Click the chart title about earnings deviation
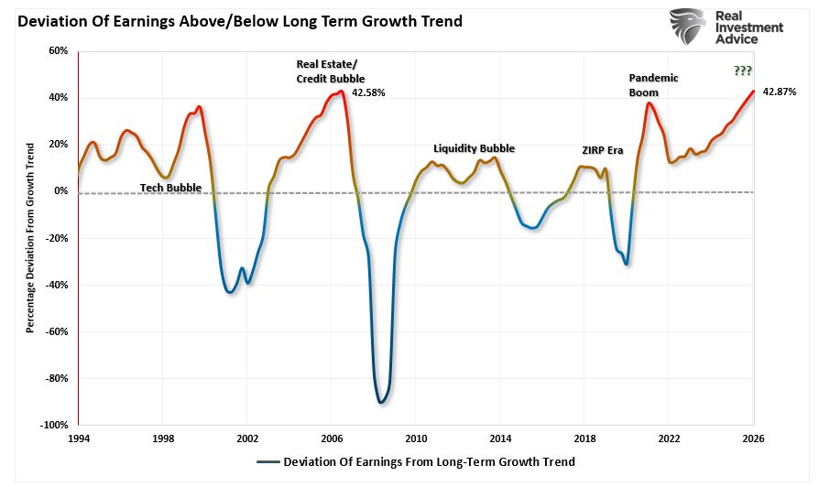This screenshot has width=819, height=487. click(239, 20)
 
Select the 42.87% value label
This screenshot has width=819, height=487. click(780, 92)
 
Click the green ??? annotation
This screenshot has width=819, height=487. click(743, 71)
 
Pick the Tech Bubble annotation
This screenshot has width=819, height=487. click(170, 188)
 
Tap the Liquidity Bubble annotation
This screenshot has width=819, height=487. click(474, 148)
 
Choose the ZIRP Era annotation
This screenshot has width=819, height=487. click(602, 150)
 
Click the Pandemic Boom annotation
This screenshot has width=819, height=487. click(653, 85)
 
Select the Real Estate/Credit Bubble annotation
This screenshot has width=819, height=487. click(329, 70)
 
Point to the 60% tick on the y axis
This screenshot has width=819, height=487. click(58, 51)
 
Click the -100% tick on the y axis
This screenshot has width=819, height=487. click(54, 425)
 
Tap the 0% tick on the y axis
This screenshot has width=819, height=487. click(60, 191)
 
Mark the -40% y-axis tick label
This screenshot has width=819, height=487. click(56, 285)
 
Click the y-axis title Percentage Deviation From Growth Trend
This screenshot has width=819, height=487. click(30, 237)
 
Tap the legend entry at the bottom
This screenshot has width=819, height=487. click(416, 462)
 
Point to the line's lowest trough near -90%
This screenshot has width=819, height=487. click(381, 402)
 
